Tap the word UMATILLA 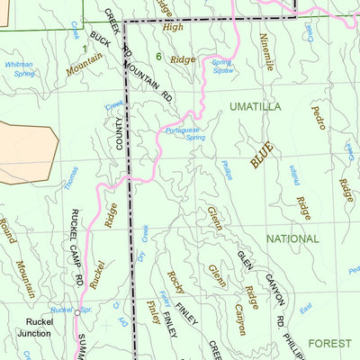pos(255,106)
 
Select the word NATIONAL pos(292,238)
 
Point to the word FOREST pos(329,343)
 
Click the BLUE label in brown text pos(262,155)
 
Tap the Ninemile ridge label pos(266,51)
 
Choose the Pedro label pos(319,118)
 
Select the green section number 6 pos(158,57)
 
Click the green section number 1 pos(85,47)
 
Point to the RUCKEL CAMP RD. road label pos(77,247)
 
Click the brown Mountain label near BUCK pos(84,64)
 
